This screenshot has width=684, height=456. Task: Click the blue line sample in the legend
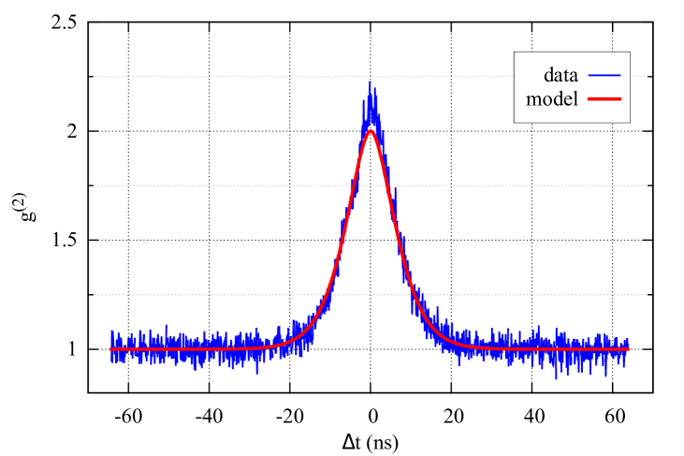(x=604, y=75)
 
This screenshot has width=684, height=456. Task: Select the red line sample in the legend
(x=604, y=98)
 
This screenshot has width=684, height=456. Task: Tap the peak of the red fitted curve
(x=371, y=130)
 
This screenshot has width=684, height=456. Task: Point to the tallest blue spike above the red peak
(x=370, y=81)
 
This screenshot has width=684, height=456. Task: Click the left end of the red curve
(x=110, y=349)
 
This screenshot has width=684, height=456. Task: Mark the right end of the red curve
(x=629, y=349)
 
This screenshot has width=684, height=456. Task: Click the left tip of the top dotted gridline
(x=95, y=77)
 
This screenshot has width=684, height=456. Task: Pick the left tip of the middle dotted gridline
(x=95, y=185)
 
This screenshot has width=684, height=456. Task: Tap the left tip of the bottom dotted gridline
(x=95, y=295)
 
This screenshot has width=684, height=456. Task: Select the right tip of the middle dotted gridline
(x=646, y=185)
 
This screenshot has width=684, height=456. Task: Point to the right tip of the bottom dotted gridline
(x=646, y=295)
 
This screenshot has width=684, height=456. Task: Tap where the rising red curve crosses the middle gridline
(x=353, y=185)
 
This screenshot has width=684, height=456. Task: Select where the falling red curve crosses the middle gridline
(x=388, y=185)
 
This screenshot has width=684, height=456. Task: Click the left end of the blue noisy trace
(x=110, y=346)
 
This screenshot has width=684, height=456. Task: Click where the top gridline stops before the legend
(x=513, y=77)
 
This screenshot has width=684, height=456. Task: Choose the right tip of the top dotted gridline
(x=646, y=77)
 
